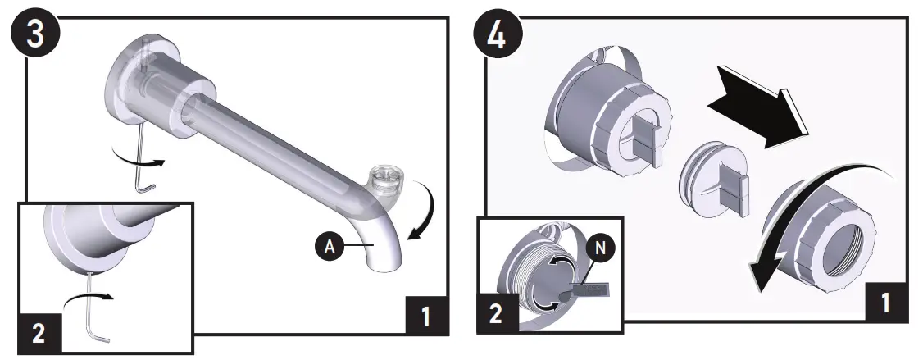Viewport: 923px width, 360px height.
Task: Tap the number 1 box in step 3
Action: (x=426, y=315)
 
